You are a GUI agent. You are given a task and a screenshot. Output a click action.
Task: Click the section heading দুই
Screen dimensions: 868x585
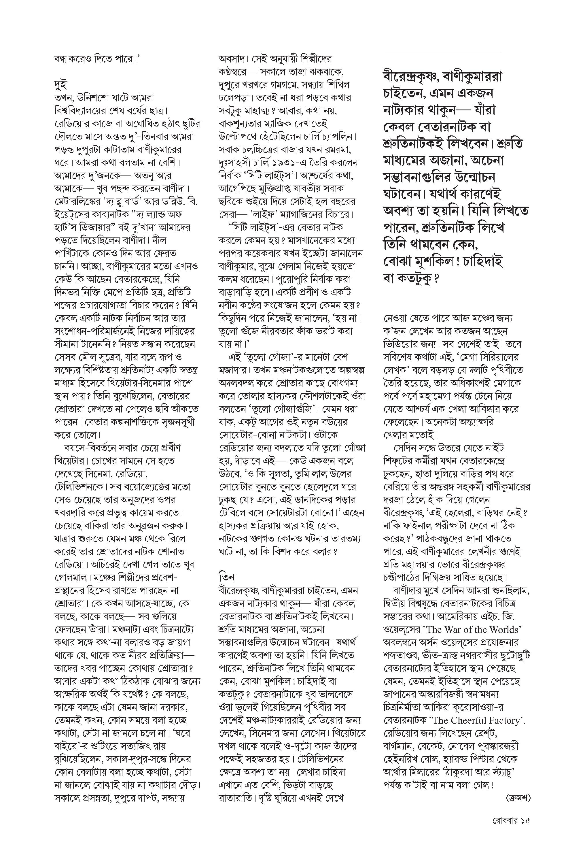pos(60,84)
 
